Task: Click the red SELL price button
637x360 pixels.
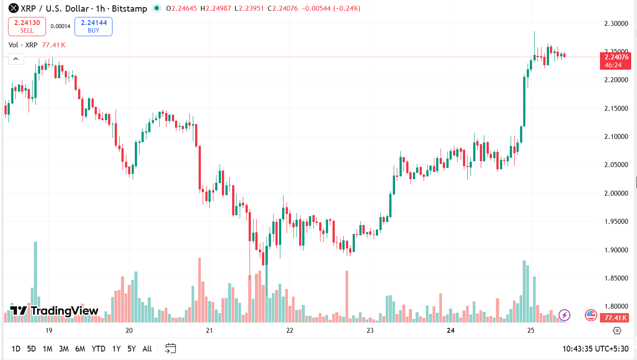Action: [x=27, y=26]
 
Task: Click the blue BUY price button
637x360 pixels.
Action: [x=93, y=26]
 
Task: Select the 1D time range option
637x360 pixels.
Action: [x=16, y=349]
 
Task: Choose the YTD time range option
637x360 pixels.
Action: [x=98, y=349]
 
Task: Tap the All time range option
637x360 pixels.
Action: [x=147, y=349]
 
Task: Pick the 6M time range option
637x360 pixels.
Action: [x=80, y=349]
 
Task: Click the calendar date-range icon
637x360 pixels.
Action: [x=171, y=348]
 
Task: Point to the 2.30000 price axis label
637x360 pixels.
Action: [x=616, y=23]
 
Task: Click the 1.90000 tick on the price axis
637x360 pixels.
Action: [x=616, y=250]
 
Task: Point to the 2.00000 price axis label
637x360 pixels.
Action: [x=616, y=193]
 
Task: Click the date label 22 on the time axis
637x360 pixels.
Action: [x=290, y=331]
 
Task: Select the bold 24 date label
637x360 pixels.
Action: [x=450, y=331]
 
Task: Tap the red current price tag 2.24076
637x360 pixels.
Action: [x=616, y=57]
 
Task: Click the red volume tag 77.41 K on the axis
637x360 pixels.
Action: [x=616, y=318]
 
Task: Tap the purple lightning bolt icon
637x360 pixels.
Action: [x=564, y=315]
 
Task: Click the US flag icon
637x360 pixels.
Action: [x=591, y=315]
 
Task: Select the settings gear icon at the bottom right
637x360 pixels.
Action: [x=617, y=331]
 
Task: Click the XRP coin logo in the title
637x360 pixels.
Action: [x=14, y=8]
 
